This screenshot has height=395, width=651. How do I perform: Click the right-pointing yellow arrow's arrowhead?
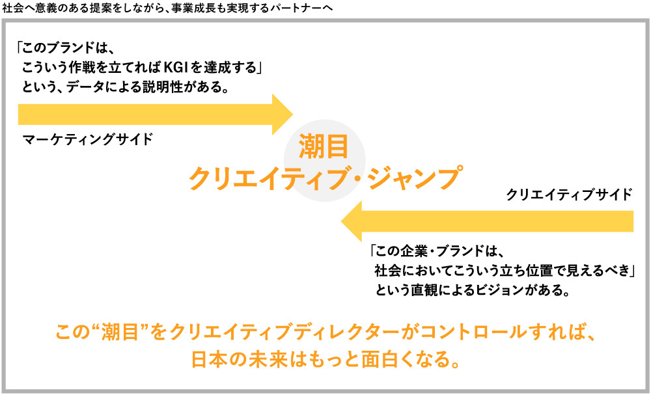283,115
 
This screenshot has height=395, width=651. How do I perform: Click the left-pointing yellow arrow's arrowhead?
354,221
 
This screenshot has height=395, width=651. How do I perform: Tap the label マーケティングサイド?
87,139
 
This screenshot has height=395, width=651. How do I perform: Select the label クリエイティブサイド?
569,194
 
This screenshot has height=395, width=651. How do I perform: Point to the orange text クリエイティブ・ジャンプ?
324,178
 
